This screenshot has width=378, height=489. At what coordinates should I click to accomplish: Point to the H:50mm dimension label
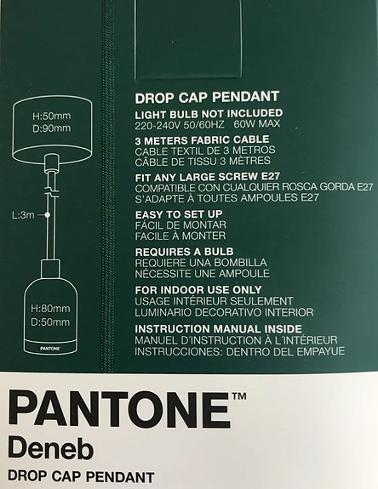coord(50,117)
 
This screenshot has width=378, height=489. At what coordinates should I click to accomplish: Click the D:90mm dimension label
coord(50,128)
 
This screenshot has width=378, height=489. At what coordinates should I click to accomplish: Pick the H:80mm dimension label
coord(50,307)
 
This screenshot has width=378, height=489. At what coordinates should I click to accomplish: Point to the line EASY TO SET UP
coord(179,215)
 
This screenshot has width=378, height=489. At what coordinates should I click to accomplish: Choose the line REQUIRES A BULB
coord(183,253)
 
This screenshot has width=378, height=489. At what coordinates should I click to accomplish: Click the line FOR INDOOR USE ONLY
coord(192,290)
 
